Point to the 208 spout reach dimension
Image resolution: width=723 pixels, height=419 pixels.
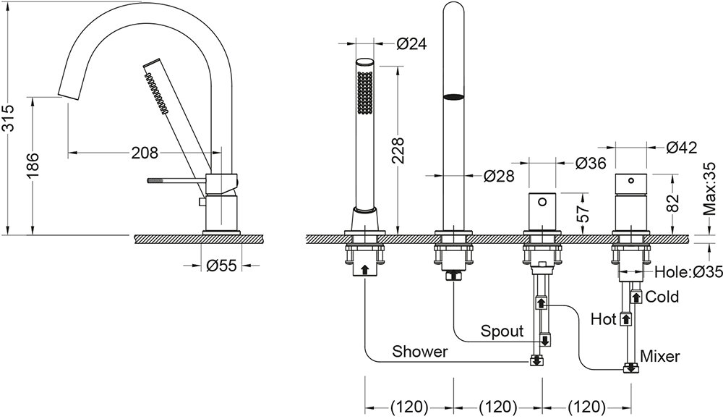pos(145,153)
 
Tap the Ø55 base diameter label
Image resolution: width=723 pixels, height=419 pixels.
pos(221,266)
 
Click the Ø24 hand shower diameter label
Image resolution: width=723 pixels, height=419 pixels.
pos(411,44)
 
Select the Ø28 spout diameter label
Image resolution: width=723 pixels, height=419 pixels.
pos(498,175)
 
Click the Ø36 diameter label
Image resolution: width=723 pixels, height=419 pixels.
pos(590,164)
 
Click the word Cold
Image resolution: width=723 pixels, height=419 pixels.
pos(662,297)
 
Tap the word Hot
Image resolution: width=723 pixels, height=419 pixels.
pos(603,318)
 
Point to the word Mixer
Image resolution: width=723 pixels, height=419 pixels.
pos(661,355)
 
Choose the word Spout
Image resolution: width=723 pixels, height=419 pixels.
pos(502,331)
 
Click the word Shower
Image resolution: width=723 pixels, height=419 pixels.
pos(420,352)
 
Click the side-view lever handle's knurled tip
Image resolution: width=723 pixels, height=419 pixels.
pos(155,179)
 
